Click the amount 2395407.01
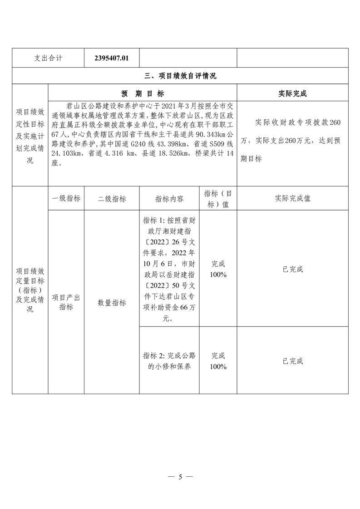click(x=112, y=58)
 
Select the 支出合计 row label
click(x=48, y=58)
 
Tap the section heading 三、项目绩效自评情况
click(x=180, y=76)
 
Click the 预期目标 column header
click(x=143, y=93)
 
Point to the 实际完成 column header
click(x=292, y=93)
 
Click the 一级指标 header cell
click(x=66, y=199)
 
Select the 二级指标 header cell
click(x=112, y=199)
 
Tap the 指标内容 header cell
click(x=169, y=199)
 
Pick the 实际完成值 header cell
click(x=292, y=199)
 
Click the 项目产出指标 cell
click(x=66, y=302)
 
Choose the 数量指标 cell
click(x=112, y=303)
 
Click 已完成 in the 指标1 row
click(x=292, y=269)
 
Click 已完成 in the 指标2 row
click(x=292, y=361)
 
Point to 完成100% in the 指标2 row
click(x=218, y=361)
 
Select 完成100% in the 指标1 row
click(x=218, y=269)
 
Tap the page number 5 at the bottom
click(x=180, y=477)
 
